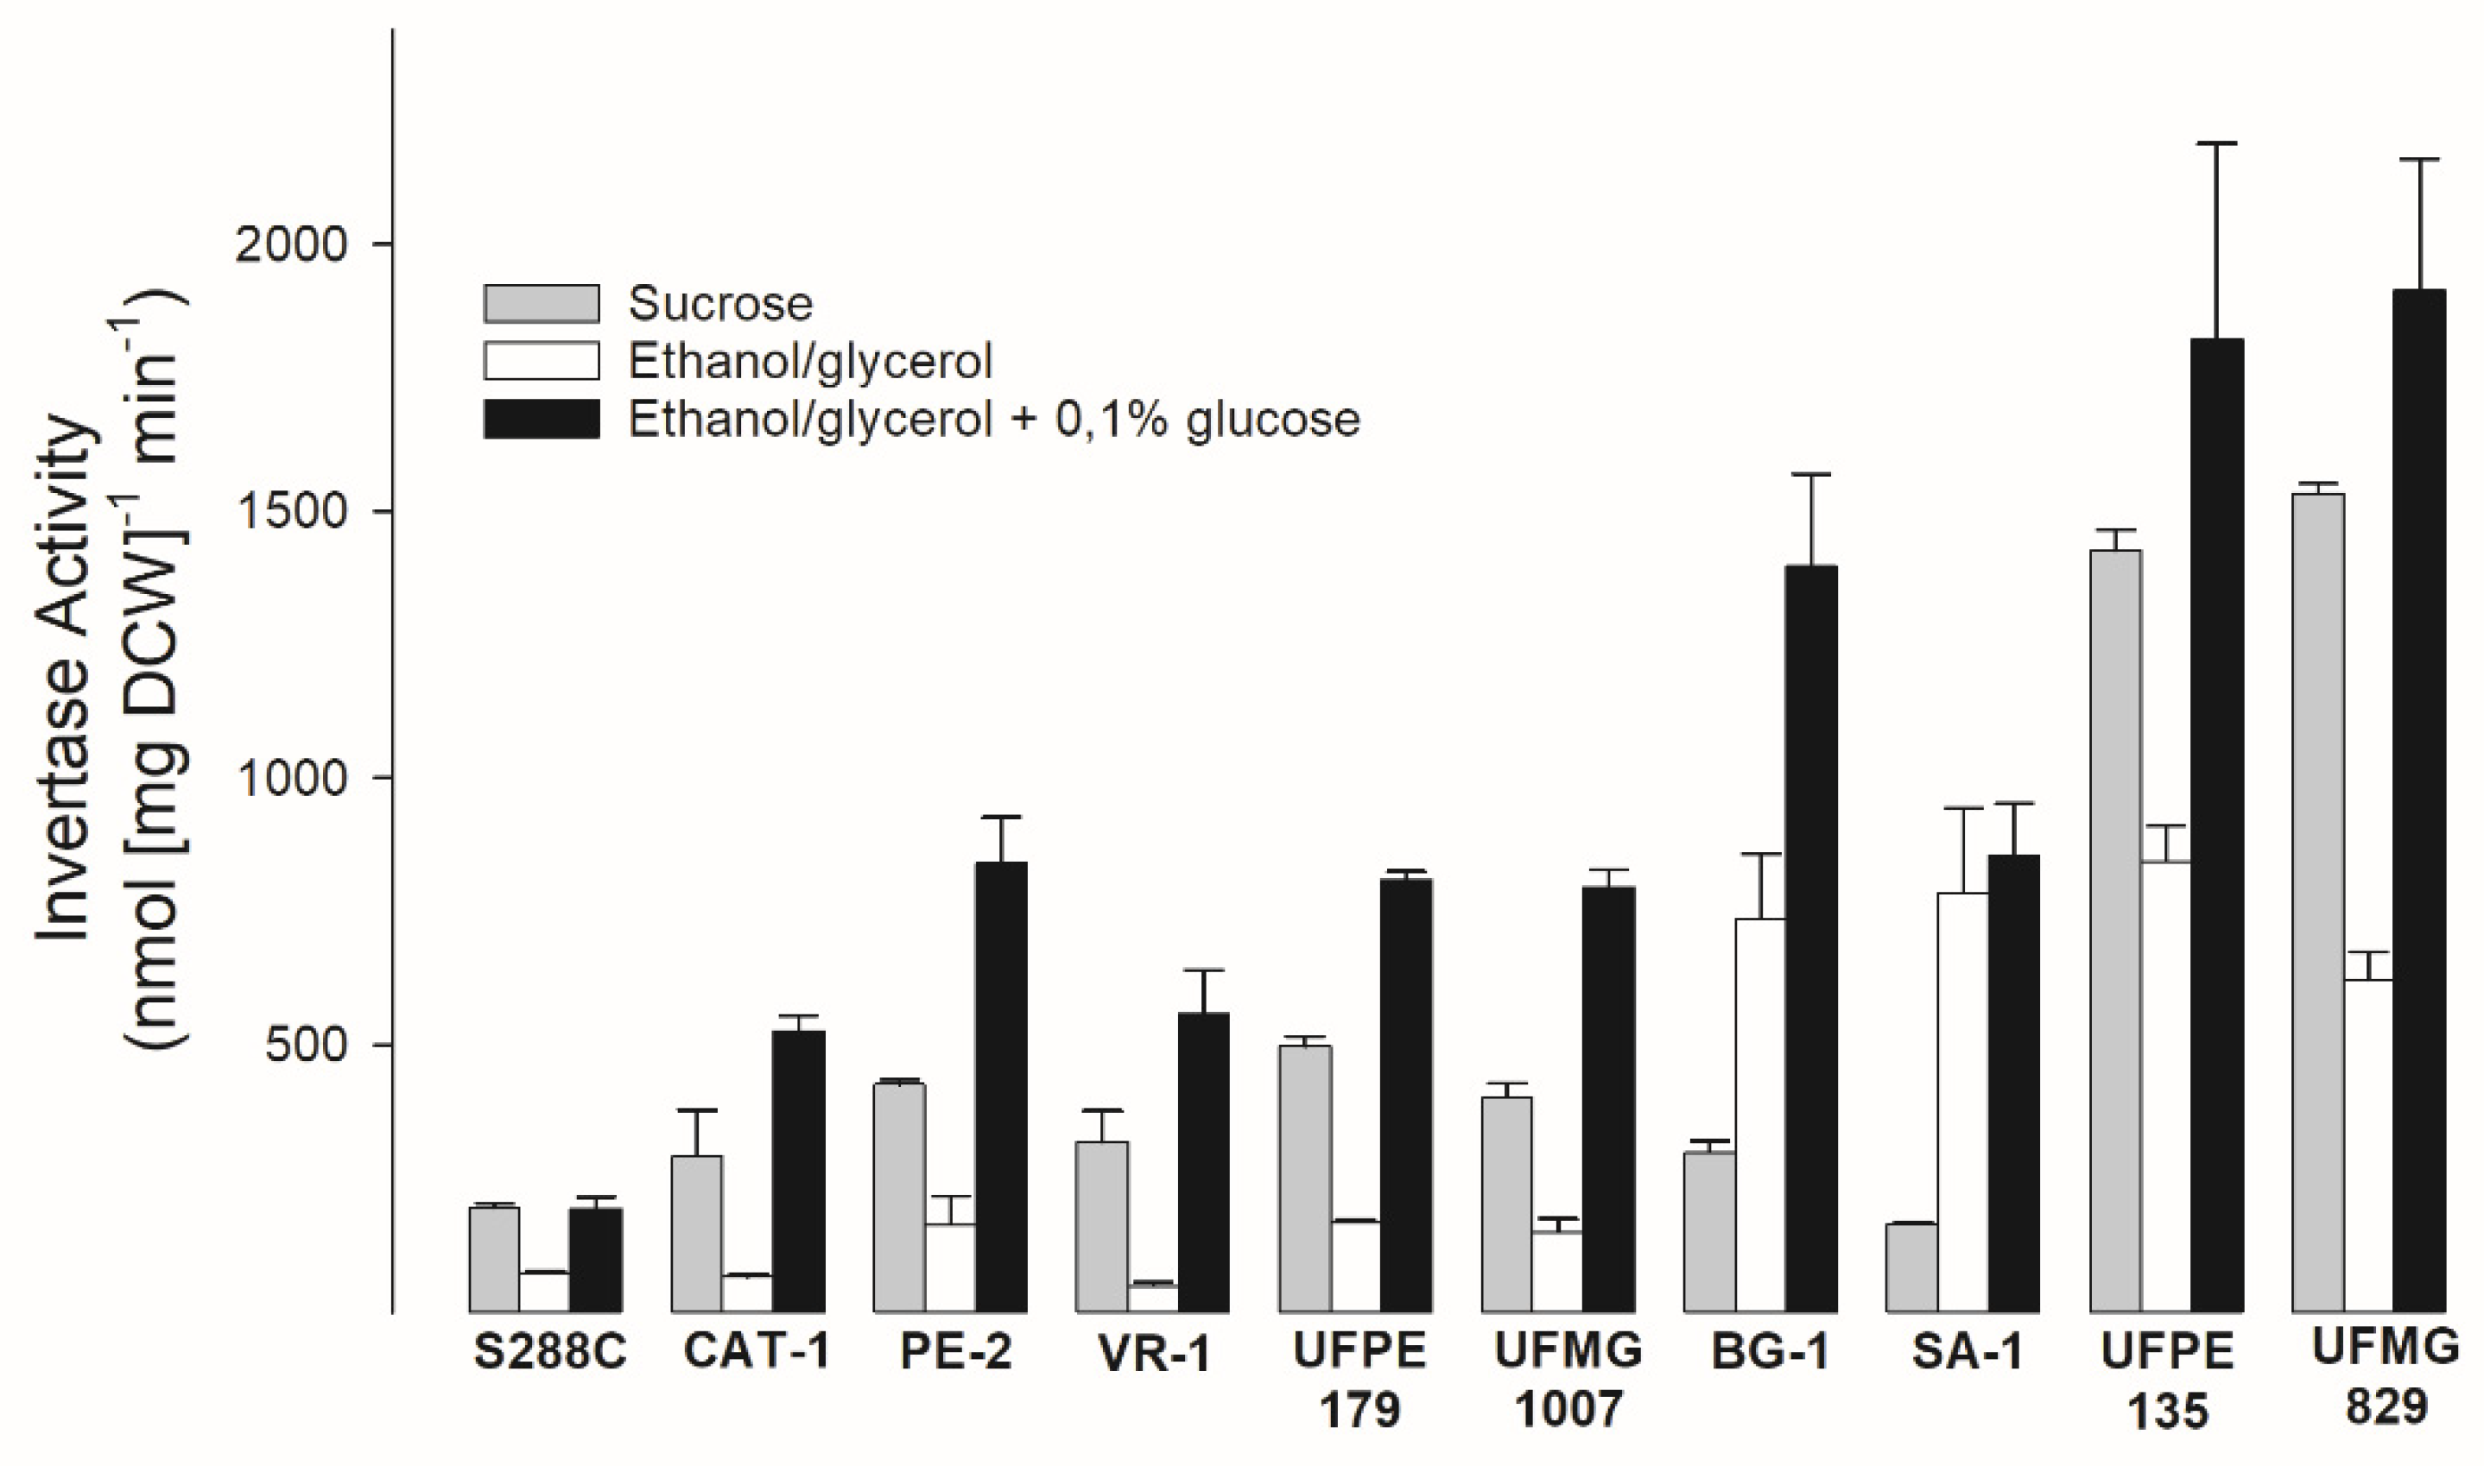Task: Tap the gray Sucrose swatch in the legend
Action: pyautogui.click(x=542, y=304)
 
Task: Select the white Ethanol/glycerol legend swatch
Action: pyautogui.click(x=542, y=362)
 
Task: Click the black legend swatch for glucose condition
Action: pyautogui.click(x=542, y=419)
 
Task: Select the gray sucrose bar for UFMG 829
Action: pyautogui.click(x=2318, y=904)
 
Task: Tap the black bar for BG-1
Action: pyautogui.click(x=1811, y=938)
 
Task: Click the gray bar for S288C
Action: pyautogui.click(x=494, y=1260)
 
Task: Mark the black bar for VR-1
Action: pyautogui.click(x=1203, y=1163)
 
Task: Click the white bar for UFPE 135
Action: pyautogui.click(x=2166, y=1087)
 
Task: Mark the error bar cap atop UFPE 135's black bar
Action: pyautogui.click(x=2217, y=144)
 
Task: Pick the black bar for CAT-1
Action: pyautogui.click(x=798, y=1172)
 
